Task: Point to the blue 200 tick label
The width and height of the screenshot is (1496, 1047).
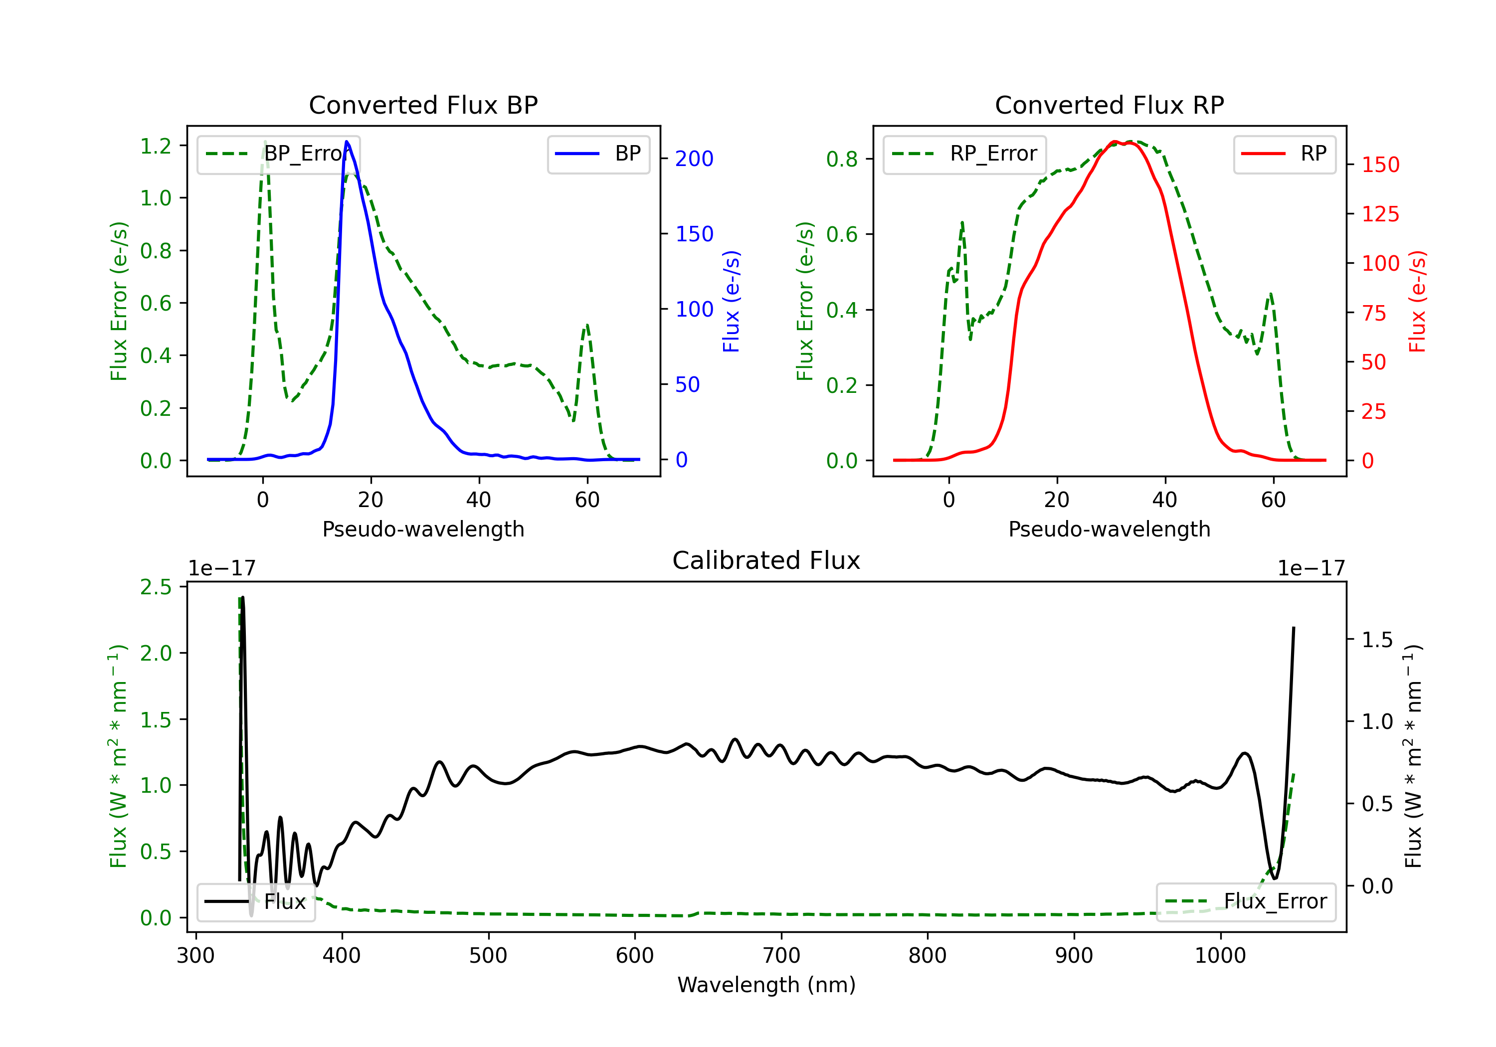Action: pyautogui.click(x=694, y=159)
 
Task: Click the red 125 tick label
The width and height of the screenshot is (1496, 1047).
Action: pyautogui.click(x=1380, y=214)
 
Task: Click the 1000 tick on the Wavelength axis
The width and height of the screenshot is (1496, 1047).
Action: pyautogui.click(x=1220, y=955)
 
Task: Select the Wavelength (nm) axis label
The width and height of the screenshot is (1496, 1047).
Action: pyautogui.click(x=766, y=985)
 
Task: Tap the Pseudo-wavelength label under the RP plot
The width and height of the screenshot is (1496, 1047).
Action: pyautogui.click(x=1109, y=529)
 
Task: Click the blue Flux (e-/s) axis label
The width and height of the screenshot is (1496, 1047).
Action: pyautogui.click(x=731, y=301)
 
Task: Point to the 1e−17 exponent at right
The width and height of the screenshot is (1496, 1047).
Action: pyautogui.click(x=1310, y=568)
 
